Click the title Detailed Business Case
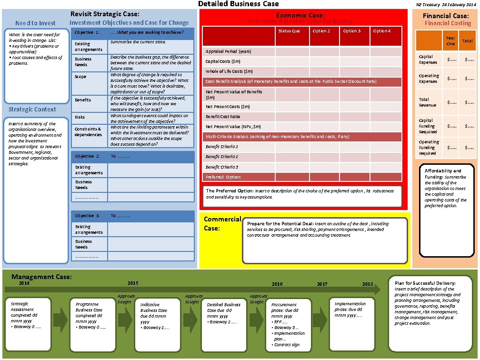tap(238, 4)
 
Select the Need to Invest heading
tap(35, 23)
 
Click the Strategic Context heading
tap(32, 110)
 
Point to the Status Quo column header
tap(289, 31)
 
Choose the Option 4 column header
tap(381, 31)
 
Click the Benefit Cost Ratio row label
tap(222, 117)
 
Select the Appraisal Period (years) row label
tap(228, 51)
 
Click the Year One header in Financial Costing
tap(450, 40)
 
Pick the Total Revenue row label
tap(427, 102)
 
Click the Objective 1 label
tap(87, 32)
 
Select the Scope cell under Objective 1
tap(80, 77)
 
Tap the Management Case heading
tap(41, 277)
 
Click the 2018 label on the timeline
tap(368, 284)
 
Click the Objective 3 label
tap(87, 216)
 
